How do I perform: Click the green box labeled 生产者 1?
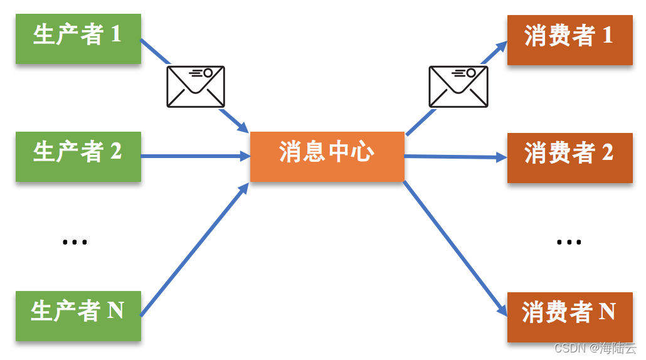coord(78,38)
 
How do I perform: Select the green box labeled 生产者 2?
coord(78,156)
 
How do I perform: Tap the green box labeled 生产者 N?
coord(78,315)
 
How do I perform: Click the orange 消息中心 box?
coord(327,156)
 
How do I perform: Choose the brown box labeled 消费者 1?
coord(569,40)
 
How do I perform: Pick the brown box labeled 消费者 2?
coord(569,157)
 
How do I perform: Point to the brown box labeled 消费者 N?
coord(569,317)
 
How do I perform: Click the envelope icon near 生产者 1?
coord(195,86)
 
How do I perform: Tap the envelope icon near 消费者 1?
coord(458,86)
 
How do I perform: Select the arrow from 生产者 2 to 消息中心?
coord(194,156)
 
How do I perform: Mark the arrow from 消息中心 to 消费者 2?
coord(455,157)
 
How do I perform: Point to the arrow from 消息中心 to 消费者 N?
coord(455,248)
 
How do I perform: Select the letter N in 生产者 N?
coord(115,310)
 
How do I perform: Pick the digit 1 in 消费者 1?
coord(607,36)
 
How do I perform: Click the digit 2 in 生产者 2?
coord(115,151)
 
